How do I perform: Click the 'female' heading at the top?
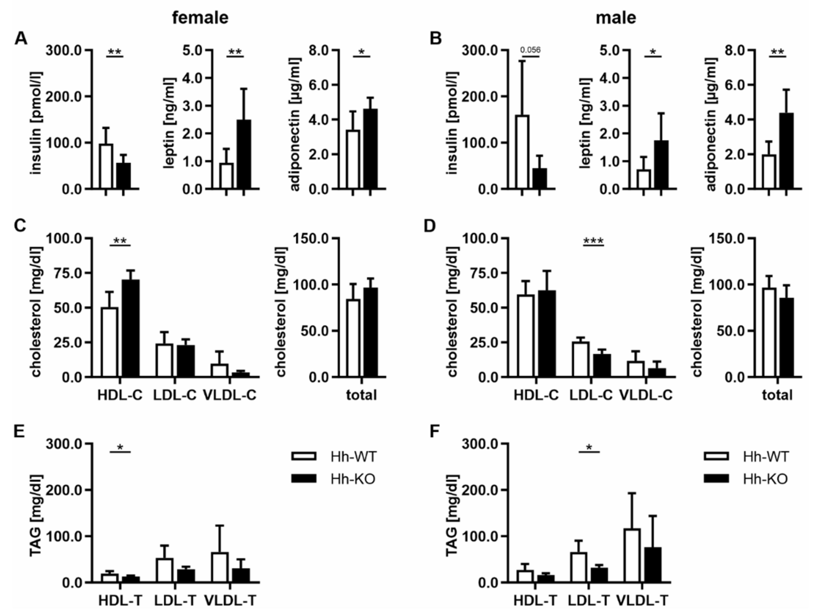pos(200,18)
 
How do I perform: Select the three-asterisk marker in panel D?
pos(593,241)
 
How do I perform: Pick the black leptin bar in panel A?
pos(243,155)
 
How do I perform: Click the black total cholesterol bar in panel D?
pos(786,337)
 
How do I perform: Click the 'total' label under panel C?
pos(361,395)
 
